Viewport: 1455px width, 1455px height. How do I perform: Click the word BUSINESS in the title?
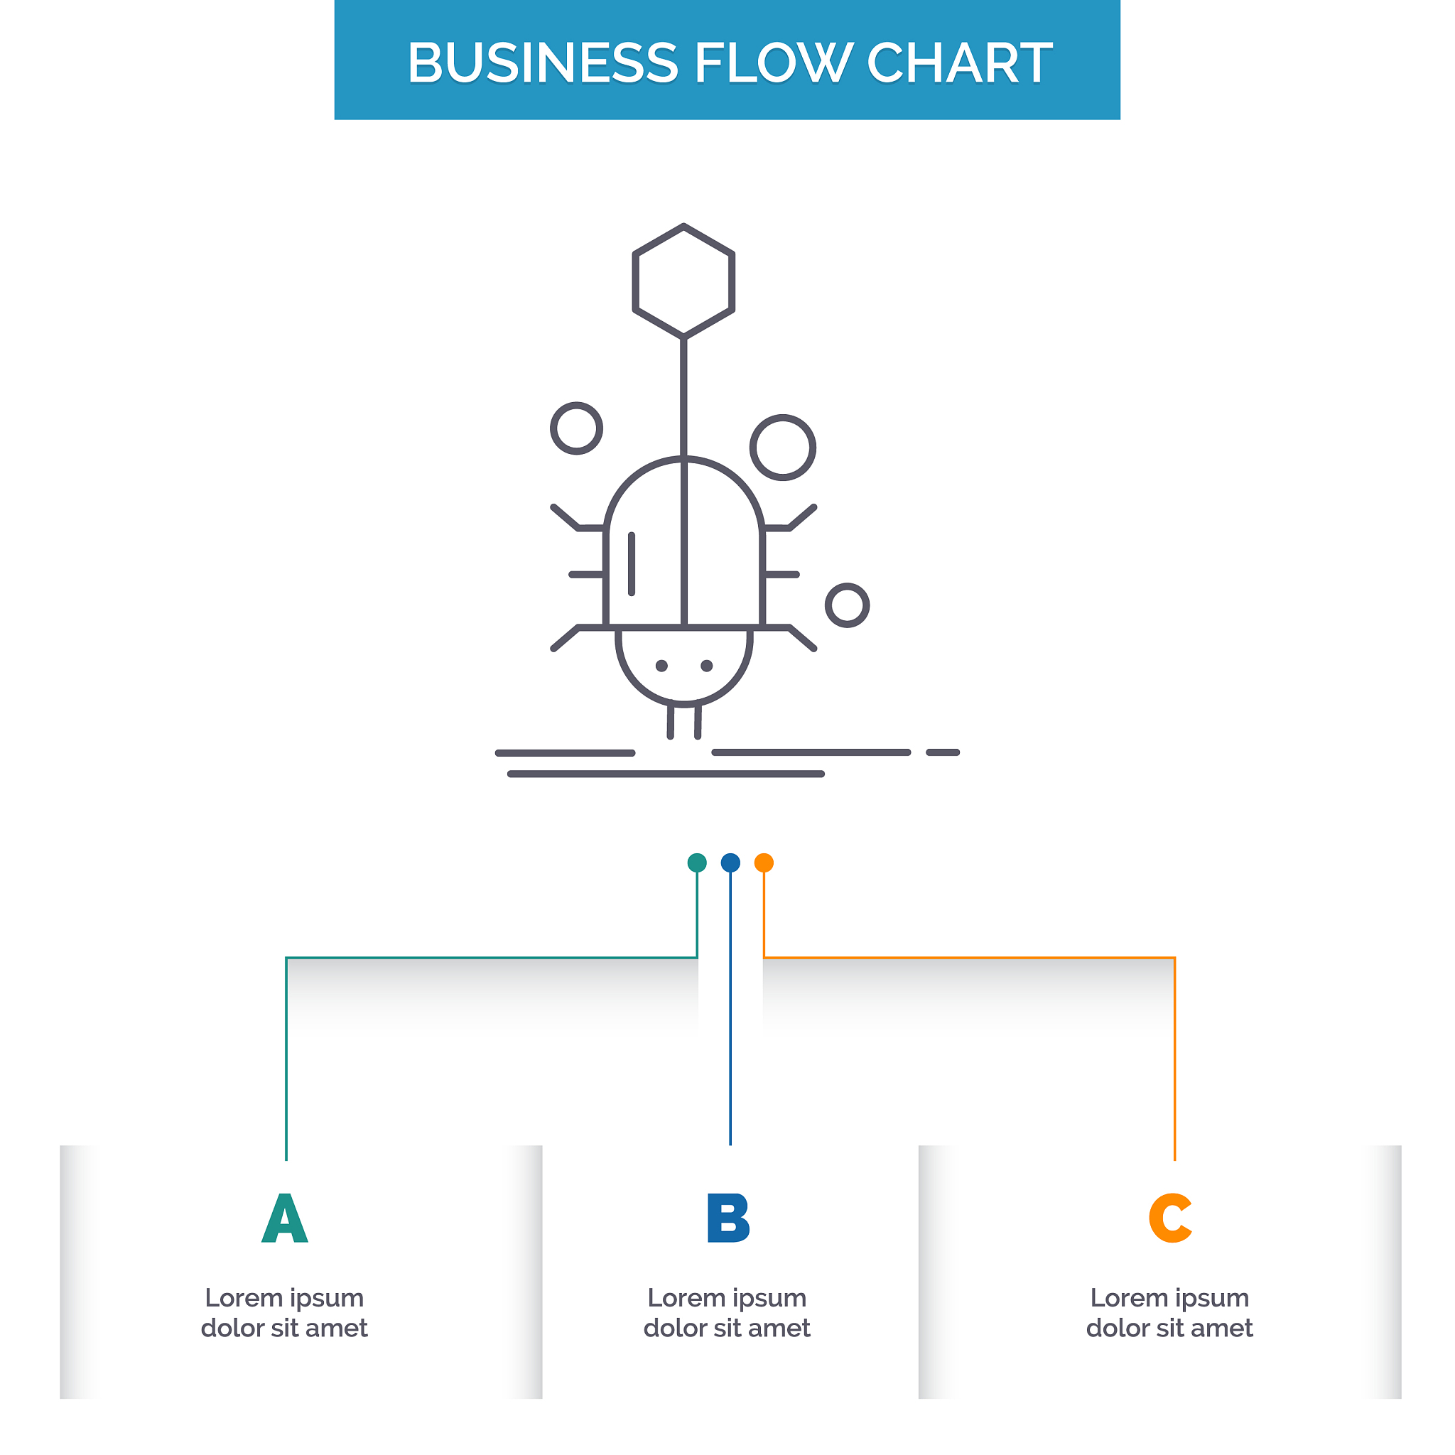pos(542,63)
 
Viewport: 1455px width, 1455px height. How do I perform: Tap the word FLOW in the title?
pos(772,63)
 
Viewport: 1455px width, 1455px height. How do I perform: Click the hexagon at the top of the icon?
pos(683,280)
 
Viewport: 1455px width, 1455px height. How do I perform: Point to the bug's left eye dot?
pos(661,666)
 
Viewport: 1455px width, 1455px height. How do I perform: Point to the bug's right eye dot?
pos(706,666)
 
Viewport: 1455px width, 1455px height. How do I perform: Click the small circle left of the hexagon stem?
pos(576,428)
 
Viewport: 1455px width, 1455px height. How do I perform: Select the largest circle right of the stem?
pos(782,448)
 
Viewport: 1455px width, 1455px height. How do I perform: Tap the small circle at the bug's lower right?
pos(848,605)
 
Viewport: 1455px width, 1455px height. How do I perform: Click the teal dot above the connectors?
pos(697,862)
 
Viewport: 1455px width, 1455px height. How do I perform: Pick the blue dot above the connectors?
pos(730,862)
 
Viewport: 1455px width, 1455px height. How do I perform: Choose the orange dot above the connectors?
pos(764,862)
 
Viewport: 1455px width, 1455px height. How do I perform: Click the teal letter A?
pos(285,1218)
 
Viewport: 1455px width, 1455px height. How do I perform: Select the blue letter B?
pos(727,1218)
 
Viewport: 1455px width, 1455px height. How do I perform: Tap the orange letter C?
pos(1169,1218)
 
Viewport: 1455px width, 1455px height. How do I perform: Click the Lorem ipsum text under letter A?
pos(285,1313)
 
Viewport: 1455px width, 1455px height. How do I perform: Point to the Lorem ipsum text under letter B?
pos(727,1313)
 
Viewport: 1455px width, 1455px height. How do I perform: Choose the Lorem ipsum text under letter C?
pos(1169,1313)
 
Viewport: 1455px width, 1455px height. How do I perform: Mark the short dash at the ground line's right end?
pos(942,752)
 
